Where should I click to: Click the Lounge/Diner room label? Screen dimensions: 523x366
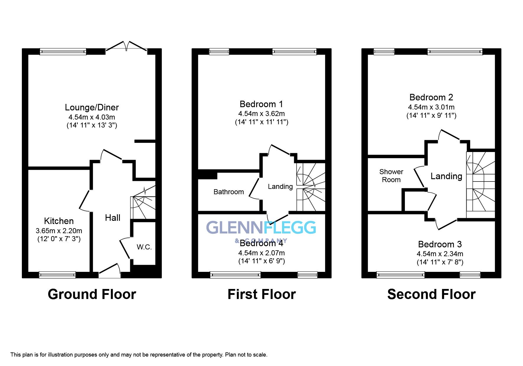pos(92,107)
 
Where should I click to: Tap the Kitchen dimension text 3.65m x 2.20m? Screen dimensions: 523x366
pos(59,231)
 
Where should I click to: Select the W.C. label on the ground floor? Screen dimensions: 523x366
pos(144,247)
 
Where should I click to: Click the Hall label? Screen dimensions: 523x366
pos(113,218)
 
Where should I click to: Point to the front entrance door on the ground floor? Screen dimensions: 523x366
pos(109,271)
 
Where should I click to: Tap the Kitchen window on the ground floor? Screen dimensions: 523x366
pos(57,275)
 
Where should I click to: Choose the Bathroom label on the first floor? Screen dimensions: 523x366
pos(229,192)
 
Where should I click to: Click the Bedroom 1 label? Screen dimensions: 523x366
pos(261,104)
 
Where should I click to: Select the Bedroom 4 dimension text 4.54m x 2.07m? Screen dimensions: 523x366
pos(261,253)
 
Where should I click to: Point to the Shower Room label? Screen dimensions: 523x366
pos(391,176)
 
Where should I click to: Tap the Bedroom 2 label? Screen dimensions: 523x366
pos(431,97)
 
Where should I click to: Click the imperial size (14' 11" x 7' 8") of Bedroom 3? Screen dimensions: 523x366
pos(440,262)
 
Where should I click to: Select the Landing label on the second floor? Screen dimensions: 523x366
pos(446,176)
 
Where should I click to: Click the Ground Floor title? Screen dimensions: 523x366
pos(92,294)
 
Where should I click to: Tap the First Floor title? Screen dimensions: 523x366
pos(262,294)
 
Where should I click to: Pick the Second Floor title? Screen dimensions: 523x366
pos(431,294)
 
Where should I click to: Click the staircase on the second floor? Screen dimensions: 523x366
pos(480,185)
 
